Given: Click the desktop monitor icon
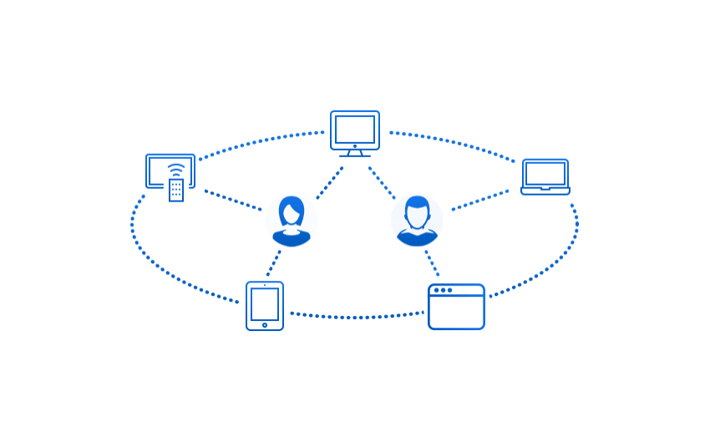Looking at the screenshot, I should click(355, 130).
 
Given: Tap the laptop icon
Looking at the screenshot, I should click(545, 176).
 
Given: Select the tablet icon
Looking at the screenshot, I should click(265, 305).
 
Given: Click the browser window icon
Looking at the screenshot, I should click(456, 307).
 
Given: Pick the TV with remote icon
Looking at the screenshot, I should click(170, 171).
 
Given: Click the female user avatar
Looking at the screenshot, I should click(292, 221).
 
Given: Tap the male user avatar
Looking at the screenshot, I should click(417, 221).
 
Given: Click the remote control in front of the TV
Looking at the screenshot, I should click(176, 190).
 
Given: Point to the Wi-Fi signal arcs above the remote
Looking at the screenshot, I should click(175, 171).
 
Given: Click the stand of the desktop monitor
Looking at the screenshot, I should click(355, 153).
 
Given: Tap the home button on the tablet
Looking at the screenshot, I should click(265, 325).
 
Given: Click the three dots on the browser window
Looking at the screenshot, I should click(443, 290).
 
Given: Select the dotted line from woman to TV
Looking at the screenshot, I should click(233, 200).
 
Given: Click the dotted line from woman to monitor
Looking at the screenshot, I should click(330, 182).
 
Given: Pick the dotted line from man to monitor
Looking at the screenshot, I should click(382, 182).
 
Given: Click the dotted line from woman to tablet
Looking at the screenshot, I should click(273, 262).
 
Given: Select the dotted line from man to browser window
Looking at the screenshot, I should click(432, 262).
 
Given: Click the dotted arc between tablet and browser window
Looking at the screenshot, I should click(357, 317).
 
